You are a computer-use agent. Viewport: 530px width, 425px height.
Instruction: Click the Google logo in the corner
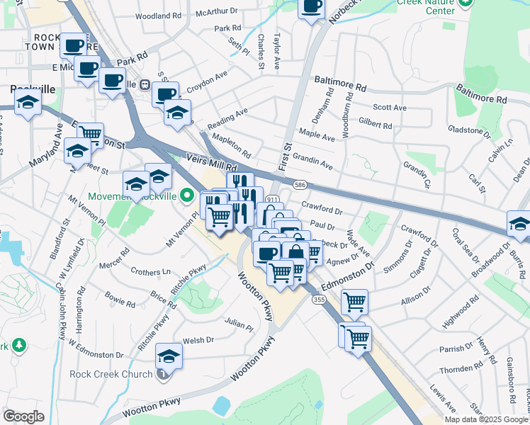(24, 416)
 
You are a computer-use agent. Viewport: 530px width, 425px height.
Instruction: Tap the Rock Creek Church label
(111, 374)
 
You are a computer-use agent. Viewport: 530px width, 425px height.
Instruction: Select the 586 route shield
(300, 183)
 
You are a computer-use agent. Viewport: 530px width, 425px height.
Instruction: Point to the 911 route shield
(274, 200)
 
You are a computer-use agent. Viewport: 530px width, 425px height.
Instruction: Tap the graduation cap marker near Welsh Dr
(169, 356)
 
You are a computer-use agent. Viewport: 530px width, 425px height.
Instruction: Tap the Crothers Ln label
(151, 272)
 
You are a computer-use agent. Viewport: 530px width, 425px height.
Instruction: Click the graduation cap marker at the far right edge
(519, 224)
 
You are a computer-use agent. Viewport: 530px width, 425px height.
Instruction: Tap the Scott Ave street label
(390, 108)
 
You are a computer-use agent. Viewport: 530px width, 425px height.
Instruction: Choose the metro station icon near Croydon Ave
(144, 84)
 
